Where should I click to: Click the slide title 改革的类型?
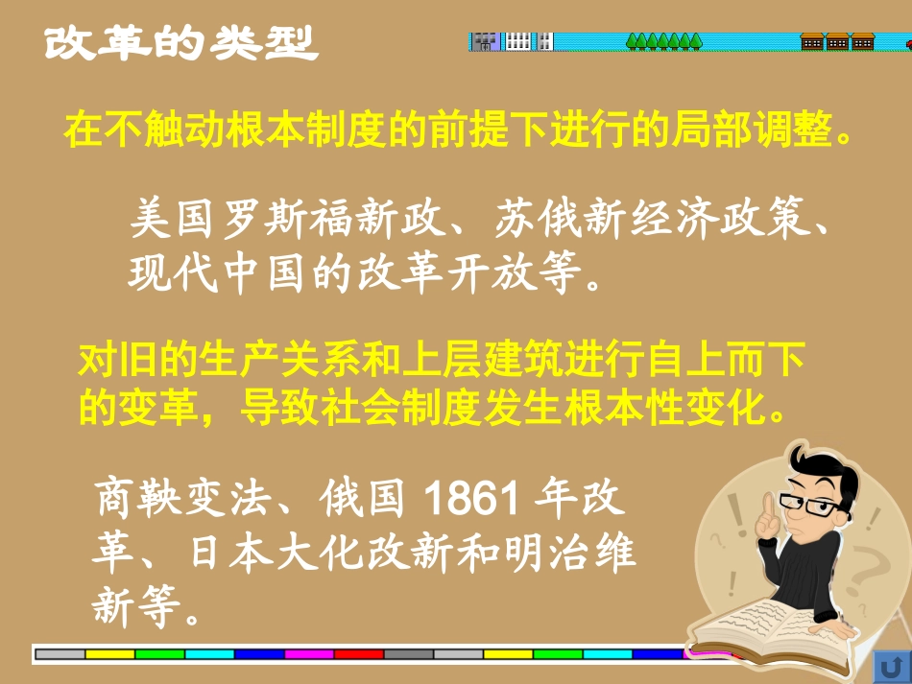[180, 42]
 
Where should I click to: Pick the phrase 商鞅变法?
[186, 498]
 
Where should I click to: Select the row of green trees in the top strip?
[663, 41]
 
